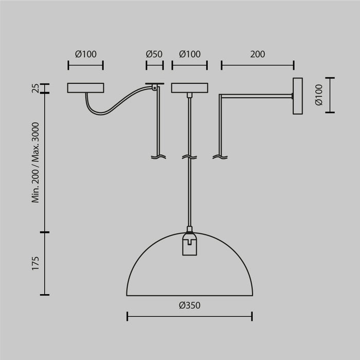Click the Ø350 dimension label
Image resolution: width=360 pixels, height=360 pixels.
pos(189,305)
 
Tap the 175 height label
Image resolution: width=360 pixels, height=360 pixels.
pos(35,263)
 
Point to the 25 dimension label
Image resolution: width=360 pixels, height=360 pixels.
pos(35,88)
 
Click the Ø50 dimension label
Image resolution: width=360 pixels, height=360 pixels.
pos(154,54)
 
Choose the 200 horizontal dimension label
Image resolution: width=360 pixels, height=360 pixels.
pos(257,54)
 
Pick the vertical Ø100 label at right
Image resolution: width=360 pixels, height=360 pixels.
pos(318,95)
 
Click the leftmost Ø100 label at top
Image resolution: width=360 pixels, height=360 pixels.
pos(85,54)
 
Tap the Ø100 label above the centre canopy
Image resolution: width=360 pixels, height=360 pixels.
pos(189,54)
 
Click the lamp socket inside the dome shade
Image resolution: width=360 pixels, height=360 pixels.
pos(189,244)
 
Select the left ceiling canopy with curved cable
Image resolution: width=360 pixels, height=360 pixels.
pos(85,88)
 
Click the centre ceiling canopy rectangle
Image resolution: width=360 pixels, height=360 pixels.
pos(189,88)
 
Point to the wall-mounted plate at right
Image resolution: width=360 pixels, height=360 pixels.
pos(298,96)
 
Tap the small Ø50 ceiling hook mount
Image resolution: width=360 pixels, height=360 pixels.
pos(154,85)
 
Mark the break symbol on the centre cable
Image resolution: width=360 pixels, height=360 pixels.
pos(190,156)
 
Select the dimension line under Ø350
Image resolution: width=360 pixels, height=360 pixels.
pos(189,316)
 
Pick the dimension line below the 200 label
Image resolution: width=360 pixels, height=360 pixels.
pos(257,65)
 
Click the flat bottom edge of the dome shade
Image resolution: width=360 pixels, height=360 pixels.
pos(189,295)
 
